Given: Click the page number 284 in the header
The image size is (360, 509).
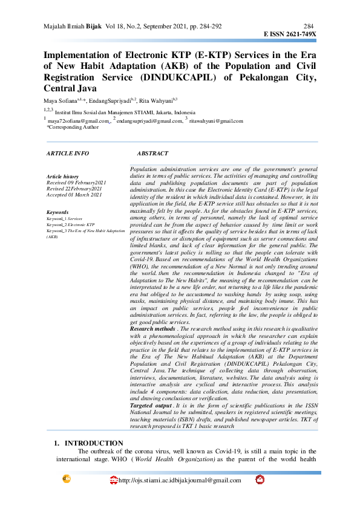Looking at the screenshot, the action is pyautogui.click(x=308, y=27).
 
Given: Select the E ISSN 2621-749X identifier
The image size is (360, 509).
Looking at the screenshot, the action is pyautogui.click(x=290, y=34).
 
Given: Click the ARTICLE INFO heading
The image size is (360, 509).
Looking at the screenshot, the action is pyautogui.click(x=68, y=154).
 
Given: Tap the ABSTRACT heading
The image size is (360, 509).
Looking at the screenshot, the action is pyautogui.click(x=152, y=154).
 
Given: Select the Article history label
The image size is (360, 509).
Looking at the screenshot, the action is pyautogui.click(x=62, y=176).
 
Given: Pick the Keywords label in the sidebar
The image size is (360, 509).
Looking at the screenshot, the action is pyautogui.click(x=57, y=212).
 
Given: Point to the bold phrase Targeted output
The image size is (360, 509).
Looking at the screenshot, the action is pyautogui.click(x=150, y=405).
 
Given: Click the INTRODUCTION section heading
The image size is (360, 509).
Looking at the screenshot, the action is pyautogui.click(x=94, y=443).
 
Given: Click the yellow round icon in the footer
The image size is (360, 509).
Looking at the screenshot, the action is pyautogui.click(x=68, y=480).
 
